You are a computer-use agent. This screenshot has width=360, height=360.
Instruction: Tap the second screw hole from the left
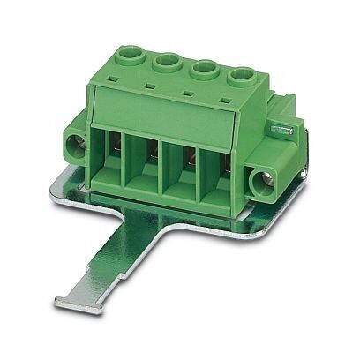click(168, 63)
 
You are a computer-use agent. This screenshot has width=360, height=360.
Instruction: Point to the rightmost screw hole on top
click(239, 76)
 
